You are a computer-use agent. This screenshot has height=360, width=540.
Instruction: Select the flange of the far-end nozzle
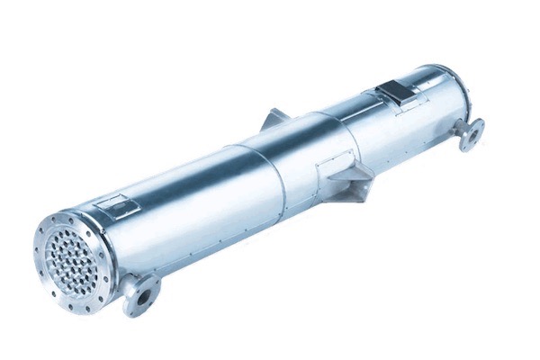coord(470,135)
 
